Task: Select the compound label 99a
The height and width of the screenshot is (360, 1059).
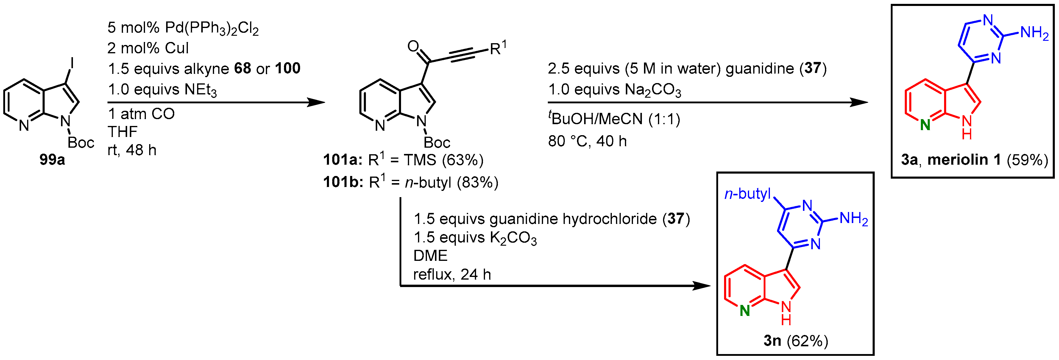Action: coord(52,159)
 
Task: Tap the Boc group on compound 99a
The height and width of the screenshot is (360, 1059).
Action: coord(81,143)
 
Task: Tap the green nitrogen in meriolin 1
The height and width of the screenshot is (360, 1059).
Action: coord(925,125)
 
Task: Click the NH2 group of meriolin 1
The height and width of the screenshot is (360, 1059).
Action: coord(1034,33)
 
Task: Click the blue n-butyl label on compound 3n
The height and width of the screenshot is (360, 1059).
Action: coord(747,193)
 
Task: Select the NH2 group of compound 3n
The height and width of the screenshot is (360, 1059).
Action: coord(854,219)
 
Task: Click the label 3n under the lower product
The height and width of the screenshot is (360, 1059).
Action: coord(772,341)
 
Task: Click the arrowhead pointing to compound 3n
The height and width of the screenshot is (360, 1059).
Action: coord(701,286)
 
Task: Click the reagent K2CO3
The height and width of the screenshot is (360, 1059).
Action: coord(513,238)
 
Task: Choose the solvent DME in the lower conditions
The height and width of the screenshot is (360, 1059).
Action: coord(430,255)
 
